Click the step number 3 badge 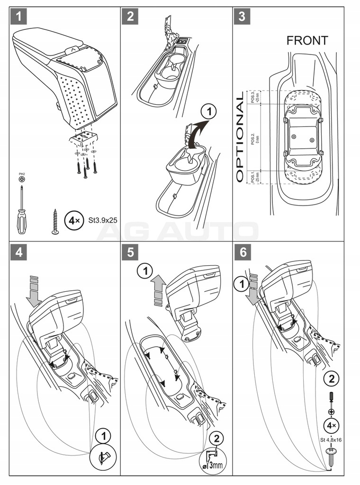pos(242,17)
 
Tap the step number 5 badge pos(129,252)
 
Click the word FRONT pos(307,41)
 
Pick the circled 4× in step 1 pos(72,221)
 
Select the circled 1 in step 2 pos(208,112)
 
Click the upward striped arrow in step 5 pos(158,291)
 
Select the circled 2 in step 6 pos(331,378)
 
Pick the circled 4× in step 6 pos(331,425)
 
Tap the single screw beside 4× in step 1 pos(54,221)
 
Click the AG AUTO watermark pos(180,232)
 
